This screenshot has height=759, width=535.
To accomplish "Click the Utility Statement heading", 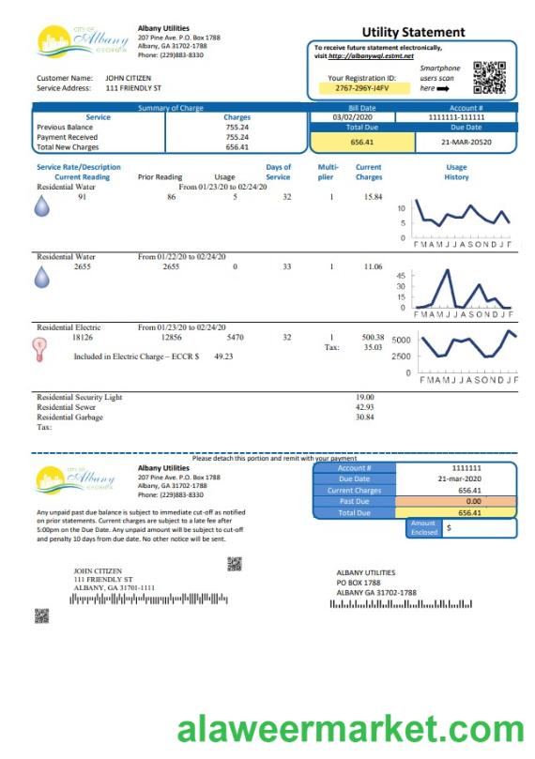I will click(413, 32).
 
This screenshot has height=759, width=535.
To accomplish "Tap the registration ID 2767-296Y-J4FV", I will click(360, 88).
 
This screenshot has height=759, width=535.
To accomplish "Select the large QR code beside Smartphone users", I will click(488, 77).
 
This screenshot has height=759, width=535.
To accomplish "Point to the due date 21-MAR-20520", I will click(466, 142).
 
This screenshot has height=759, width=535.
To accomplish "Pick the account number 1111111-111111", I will click(466, 117).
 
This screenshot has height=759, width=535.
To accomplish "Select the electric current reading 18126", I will click(83, 337).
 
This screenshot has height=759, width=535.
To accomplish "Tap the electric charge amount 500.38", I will click(373, 337).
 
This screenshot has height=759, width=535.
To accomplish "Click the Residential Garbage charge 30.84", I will click(365, 417).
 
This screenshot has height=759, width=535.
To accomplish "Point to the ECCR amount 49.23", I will click(223, 357).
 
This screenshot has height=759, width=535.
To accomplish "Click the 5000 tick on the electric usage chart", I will click(402, 341).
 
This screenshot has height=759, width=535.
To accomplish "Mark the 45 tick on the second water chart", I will click(402, 276).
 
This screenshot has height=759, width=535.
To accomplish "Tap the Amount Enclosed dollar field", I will click(479, 528).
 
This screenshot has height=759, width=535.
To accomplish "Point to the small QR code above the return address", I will click(235, 563).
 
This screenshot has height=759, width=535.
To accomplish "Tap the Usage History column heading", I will click(456, 173).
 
